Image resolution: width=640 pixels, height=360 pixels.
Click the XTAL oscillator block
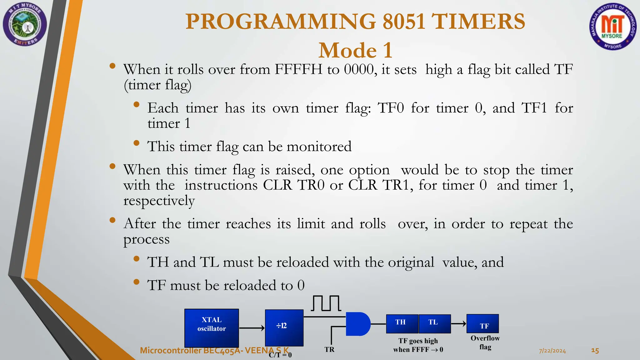click(x=212, y=327)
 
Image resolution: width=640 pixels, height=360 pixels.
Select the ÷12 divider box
click(x=284, y=327)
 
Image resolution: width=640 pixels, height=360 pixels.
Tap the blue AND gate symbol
click(x=357, y=324)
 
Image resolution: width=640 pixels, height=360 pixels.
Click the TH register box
click(x=402, y=323)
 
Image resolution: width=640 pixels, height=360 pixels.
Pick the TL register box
click(x=434, y=323)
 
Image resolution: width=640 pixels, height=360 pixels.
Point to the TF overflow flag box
click(x=482, y=324)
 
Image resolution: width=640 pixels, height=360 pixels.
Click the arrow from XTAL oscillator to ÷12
click(x=252, y=328)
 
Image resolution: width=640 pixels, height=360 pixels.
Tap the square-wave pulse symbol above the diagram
click(x=326, y=303)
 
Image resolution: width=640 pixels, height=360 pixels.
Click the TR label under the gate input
click(x=329, y=349)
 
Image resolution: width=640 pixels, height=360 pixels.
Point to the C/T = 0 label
click(x=280, y=355)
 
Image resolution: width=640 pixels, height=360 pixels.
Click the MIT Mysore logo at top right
click(x=613, y=28)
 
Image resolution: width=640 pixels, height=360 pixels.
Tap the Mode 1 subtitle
click(x=355, y=50)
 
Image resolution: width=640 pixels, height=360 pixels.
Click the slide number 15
click(x=595, y=351)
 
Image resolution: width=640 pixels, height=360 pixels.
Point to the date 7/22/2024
click(x=552, y=351)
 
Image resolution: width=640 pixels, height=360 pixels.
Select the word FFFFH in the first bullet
click(x=298, y=69)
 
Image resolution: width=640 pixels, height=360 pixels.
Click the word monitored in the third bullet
click(x=319, y=146)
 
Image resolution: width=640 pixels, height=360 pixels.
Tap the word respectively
click(x=159, y=201)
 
